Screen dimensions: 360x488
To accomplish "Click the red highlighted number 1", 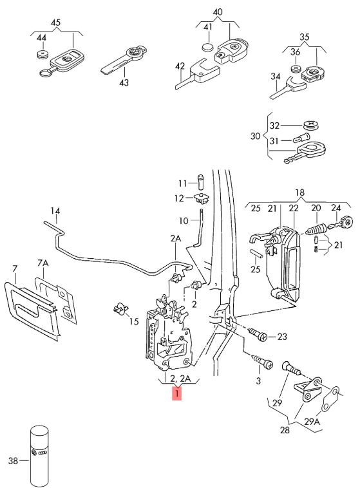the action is (x=176, y=393).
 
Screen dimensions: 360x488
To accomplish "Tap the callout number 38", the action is (x=13, y=460).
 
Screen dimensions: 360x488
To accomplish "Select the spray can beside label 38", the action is (x=39, y=456).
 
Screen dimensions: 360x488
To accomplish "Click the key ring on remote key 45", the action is (x=46, y=73).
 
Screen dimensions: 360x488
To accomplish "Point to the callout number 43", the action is (x=124, y=83).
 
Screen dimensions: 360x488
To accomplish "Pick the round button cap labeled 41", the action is (x=207, y=47).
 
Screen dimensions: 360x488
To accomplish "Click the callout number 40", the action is (x=218, y=12).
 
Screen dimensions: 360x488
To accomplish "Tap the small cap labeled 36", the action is (x=296, y=69).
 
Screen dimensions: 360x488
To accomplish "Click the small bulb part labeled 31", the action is (x=301, y=137).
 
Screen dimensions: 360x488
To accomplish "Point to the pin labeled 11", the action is (x=201, y=181).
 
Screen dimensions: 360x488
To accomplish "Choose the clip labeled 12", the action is (x=202, y=198).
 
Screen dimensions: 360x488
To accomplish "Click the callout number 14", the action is (x=55, y=211).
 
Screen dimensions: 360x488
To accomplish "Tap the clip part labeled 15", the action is (x=120, y=308).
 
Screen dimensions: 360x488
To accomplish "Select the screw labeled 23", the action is (x=258, y=335).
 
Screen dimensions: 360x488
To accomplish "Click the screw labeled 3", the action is (x=263, y=362).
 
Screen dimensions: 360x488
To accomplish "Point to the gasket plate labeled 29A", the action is (x=330, y=399).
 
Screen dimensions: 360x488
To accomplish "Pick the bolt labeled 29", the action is (x=291, y=368).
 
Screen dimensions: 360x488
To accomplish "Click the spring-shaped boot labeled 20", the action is (x=316, y=230).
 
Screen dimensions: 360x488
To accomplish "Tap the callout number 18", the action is (x=299, y=192).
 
